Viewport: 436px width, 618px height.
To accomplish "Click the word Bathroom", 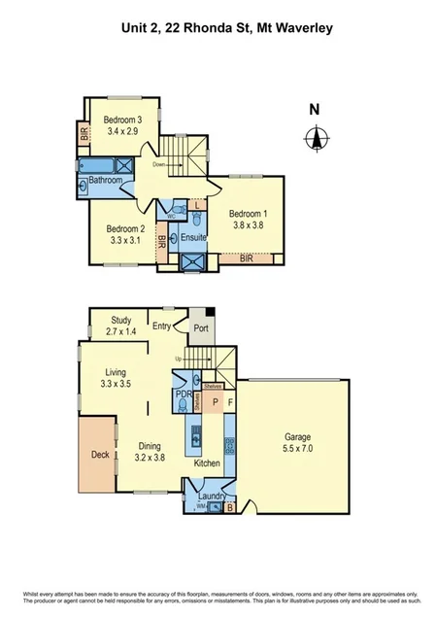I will pos(105,181).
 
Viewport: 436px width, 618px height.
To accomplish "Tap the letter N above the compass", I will pos(314,110).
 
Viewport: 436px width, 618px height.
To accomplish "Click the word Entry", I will pos(161,327).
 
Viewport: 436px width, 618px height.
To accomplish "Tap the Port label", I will pos(201,327).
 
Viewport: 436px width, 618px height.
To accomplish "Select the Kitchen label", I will pos(206,464).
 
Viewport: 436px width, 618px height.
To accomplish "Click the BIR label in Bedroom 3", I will pos(84,136).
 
